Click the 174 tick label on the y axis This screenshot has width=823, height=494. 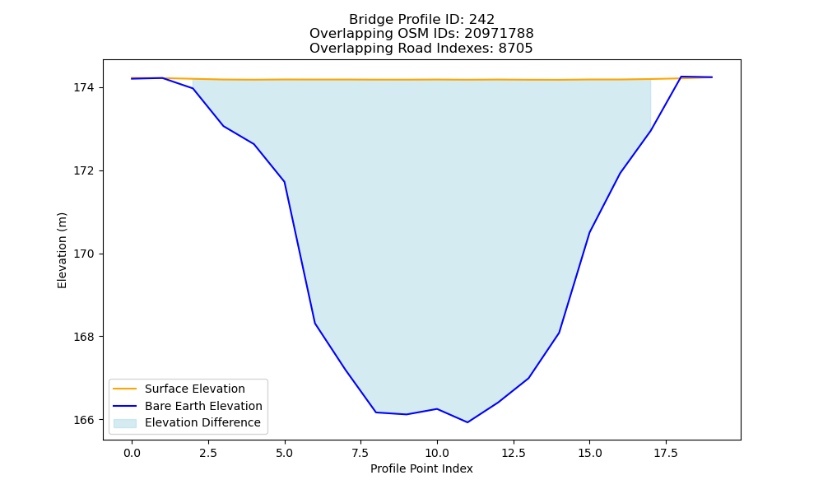click(84, 87)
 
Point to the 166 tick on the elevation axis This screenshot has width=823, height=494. click(84, 420)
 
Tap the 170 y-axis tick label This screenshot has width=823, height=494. click(84, 254)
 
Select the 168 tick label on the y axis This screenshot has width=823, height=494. click(84, 337)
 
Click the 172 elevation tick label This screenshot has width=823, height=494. click(84, 171)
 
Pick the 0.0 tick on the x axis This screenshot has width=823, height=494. click(132, 453)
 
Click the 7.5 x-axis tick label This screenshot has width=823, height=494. click(360, 453)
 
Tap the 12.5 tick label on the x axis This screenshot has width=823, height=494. click(514, 453)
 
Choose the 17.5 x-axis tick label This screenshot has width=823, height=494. click(666, 453)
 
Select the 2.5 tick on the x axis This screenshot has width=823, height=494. click(208, 453)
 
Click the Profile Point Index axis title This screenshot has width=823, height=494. click(421, 468)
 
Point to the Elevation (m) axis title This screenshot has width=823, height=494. click(62, 250)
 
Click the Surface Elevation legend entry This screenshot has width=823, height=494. click(195, 389)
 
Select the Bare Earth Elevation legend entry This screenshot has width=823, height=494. click(203, 406)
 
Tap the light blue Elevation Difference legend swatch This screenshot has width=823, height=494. click(125, 423)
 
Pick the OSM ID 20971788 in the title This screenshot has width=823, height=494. click(499, 34)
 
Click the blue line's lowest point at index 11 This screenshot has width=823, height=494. click(467, 422)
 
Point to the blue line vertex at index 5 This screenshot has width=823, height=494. click(285, 182)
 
